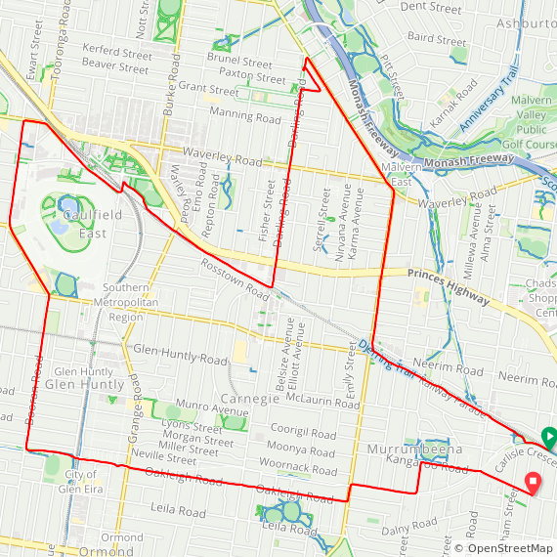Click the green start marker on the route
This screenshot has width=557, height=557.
coord(548,437)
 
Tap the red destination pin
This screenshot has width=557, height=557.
coord(533,483)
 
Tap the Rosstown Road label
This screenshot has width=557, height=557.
coord(235,278)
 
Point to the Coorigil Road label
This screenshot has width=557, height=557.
coord(303,432)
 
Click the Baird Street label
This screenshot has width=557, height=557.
coord(437,41)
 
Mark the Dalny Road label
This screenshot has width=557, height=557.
coord(408,530)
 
